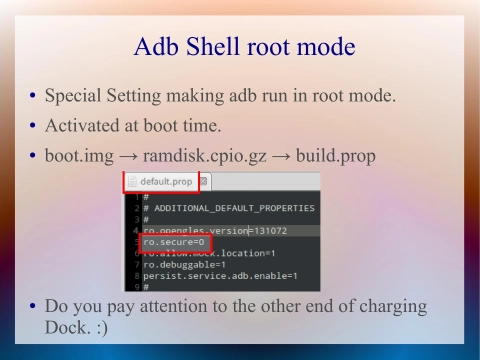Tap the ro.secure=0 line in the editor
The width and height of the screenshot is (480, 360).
166,242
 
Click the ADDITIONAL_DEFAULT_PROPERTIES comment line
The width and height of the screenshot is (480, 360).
229,208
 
